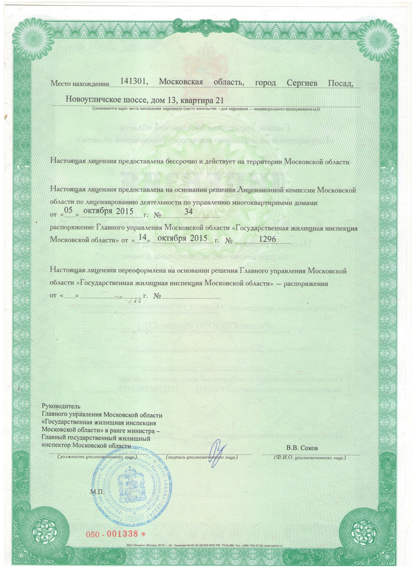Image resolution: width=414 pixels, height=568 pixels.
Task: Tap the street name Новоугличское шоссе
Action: (x=106, y=101)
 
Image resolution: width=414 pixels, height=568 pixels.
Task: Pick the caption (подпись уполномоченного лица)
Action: (x=202, y=457)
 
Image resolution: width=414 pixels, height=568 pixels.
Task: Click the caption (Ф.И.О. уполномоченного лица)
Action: (x=310, y=457)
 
